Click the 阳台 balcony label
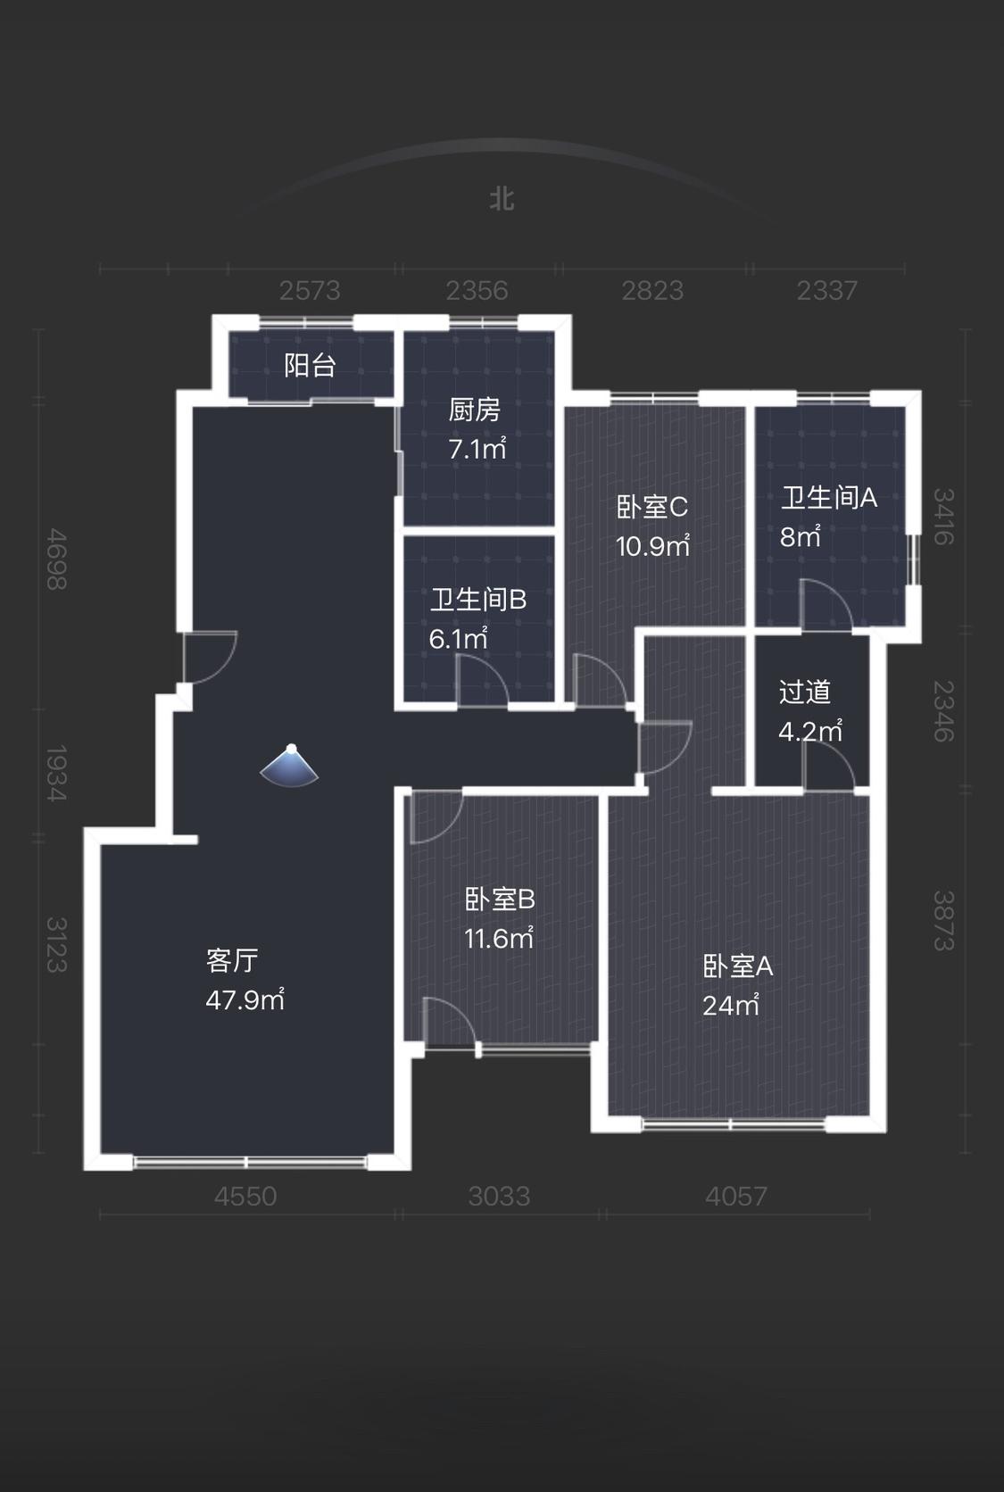(x=310, y=365)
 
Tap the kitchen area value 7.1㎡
(x=477, y=448)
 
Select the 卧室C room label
(x=652, y=507)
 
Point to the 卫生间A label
(x=829, y=497)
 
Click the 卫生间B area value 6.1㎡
(x=458, y=638)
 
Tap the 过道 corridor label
(x=804, y=692)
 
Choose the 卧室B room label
(x=499, y=899)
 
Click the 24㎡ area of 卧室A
(x=730, y=1005)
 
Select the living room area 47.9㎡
(x=245, y=999)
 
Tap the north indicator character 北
(x=502, y=198)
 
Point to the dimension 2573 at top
(x=310, y=290)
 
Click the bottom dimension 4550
(x=245, y=1196)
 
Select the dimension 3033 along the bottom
(x=499, y=1196)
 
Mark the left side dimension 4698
(x=56, y=559)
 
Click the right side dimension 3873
(x=943, y=921)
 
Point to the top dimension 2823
(x=652, y=290)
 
